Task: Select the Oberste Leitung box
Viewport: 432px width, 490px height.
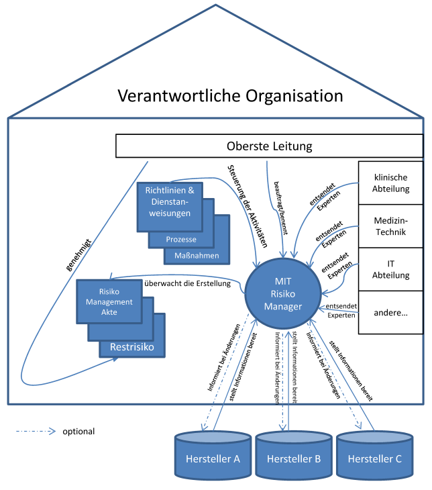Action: point(269,146)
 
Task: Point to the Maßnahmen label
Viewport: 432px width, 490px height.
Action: point(197,255)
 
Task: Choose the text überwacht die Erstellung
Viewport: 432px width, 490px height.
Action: point(188,283)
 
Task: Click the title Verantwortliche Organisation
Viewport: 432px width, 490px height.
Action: point(230,95)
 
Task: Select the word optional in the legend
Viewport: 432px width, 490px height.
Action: point(78,432)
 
